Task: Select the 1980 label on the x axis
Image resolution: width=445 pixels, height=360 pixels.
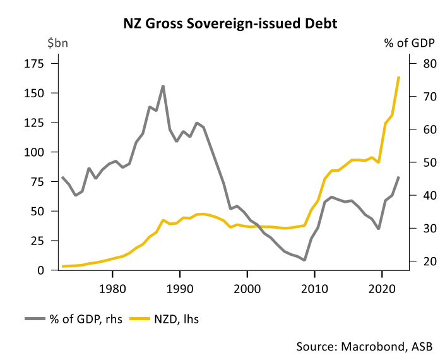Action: coord(112,287)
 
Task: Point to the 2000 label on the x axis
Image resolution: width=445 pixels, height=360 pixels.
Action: coord(247,287)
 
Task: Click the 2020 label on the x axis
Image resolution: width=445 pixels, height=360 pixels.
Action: coord(381,287)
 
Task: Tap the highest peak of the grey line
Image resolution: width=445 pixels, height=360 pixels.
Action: coord(163,86)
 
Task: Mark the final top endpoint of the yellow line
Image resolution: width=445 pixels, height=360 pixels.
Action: coord(399,77)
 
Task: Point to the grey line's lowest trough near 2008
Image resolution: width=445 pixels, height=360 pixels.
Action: coord(304,260)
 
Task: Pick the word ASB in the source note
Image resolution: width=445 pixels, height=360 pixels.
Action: coord(425,346)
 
